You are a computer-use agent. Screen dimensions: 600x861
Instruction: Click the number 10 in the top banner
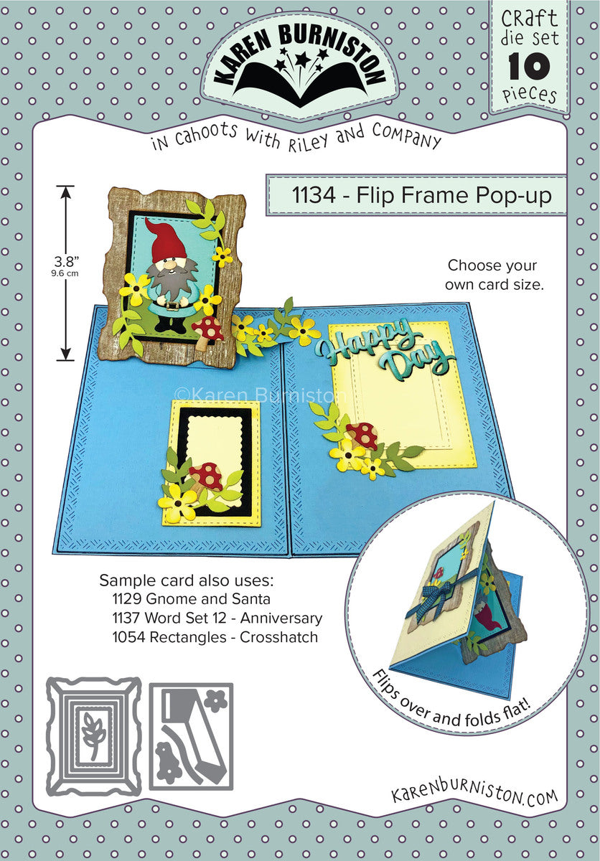pos(529,66)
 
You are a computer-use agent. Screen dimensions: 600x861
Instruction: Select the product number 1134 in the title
pos(314,195)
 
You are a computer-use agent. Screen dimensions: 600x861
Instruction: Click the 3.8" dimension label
pos(66,262)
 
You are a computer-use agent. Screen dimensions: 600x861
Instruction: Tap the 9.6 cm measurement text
pos(65,274)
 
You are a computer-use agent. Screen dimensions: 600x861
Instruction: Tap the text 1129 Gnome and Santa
pos(191,598)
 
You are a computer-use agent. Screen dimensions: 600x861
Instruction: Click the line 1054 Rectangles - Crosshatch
pos(215,637)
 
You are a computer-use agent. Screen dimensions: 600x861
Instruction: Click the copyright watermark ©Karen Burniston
pos(260,395)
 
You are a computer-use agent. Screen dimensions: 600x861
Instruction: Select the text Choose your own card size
pos(494,276)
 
